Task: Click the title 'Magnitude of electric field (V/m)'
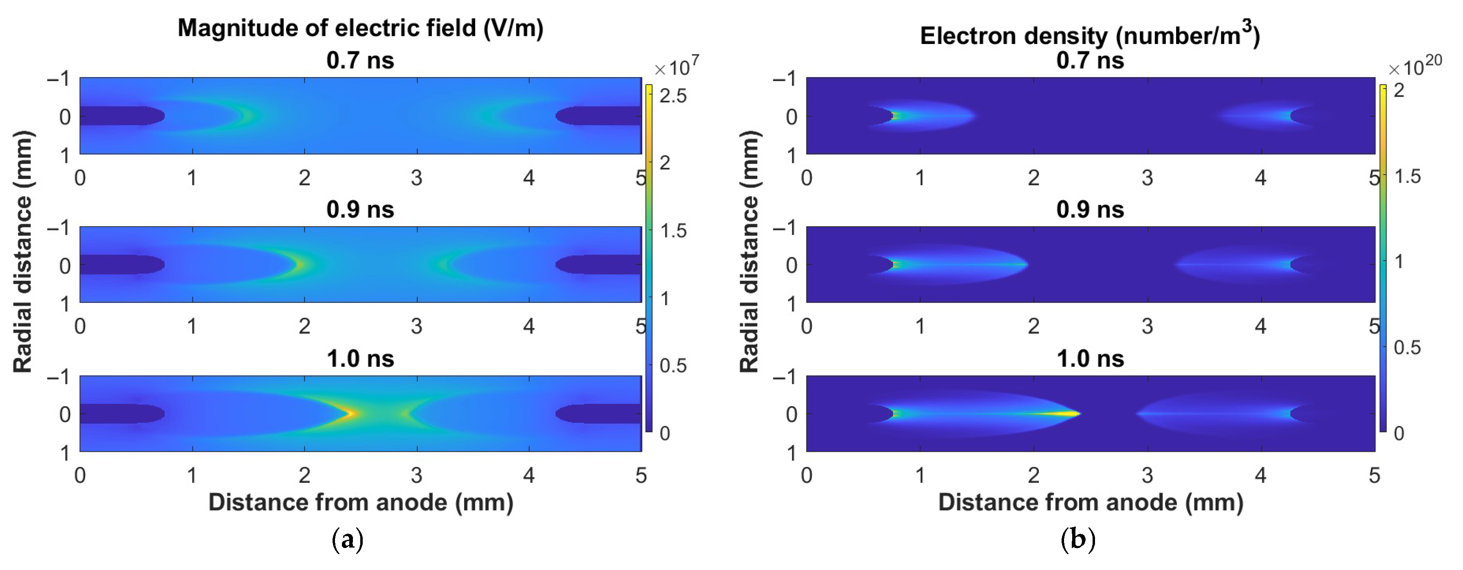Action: point(360,28)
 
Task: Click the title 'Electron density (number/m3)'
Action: point(1089,35)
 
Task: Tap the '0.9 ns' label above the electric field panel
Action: point(360,209)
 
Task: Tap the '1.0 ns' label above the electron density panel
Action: point(1089,358)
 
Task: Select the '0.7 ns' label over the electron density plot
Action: point(1089,60)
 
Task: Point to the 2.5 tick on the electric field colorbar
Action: point(673,95)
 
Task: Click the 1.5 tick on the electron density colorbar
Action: point(1407,176)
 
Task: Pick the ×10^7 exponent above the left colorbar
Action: point(676,66)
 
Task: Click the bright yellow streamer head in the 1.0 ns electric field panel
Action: point(350,413)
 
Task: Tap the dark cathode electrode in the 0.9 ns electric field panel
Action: point(596,264)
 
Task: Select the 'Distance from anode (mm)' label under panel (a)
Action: point(360,502)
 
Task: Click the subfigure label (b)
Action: point(1077,539)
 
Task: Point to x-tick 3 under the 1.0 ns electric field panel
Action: point(416,475)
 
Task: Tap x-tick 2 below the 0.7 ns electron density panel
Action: point(1033,178)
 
